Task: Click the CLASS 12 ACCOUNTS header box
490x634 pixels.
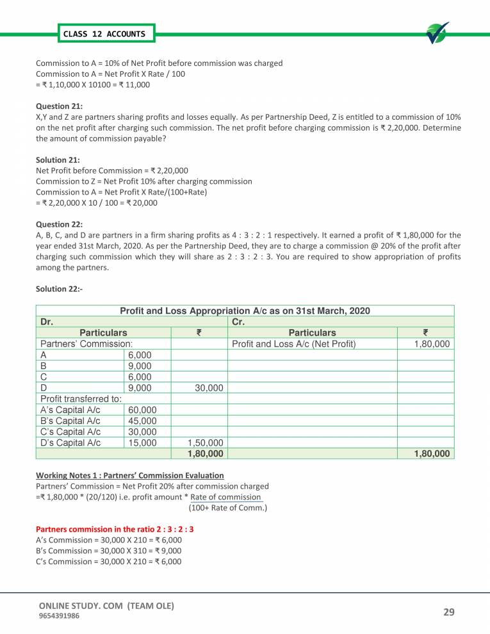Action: [104, 33]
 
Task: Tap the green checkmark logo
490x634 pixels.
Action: [437, 33]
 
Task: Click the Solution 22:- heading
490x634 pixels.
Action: [60, 289]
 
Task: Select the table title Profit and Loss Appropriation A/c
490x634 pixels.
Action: [245, 311]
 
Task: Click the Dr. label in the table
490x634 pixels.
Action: [47, 321]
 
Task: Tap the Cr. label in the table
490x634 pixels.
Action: [237, 321]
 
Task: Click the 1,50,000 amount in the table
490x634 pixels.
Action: [205, 442]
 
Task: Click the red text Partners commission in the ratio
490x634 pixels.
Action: [115, 530]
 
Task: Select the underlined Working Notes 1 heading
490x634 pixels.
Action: [130, 475]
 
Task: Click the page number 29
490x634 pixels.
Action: [448, 612]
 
